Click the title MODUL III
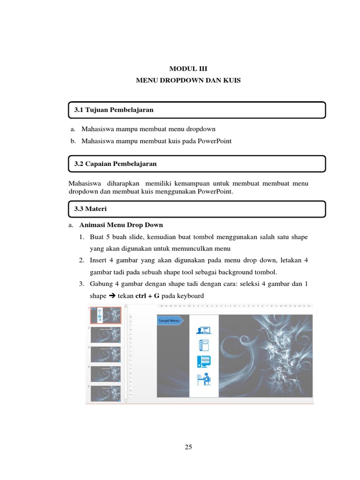188,68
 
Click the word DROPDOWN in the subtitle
181,81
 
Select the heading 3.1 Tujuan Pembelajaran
114,110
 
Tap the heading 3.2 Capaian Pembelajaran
115,164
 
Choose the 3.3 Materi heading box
196,209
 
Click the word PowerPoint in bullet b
214,141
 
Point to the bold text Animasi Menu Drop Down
121,225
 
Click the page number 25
188,447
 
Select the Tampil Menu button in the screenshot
169,321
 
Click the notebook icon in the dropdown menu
204,345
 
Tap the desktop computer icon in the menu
204,361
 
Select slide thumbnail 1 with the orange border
105,315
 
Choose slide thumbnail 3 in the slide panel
105,354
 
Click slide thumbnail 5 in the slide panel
105,393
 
